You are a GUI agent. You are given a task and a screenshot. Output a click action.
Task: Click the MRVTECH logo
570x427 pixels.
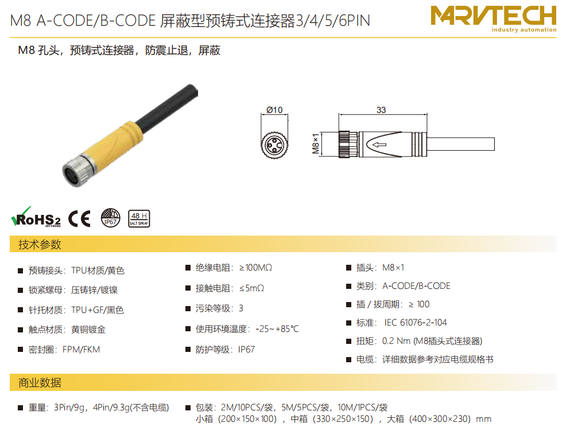click(x=493, y=18)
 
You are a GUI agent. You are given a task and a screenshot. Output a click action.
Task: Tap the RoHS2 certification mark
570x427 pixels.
click(x=36, y=217)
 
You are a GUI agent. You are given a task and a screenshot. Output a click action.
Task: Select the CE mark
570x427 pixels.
click(x=79, y=218)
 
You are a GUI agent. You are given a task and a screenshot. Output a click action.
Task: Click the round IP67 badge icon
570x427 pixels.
click(x=110, y=218)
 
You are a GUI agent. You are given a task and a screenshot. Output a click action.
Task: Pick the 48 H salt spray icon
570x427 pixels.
click(x=139, y=218)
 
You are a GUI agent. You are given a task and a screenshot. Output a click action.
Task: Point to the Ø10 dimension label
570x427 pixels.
click(x=274, y=109)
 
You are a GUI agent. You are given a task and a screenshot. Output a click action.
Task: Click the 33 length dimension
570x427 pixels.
click(x=381, y=109)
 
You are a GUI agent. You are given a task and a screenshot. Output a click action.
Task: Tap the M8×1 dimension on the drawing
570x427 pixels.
click(x=316, y=144)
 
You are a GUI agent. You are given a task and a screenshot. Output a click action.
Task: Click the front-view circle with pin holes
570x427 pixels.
click(x=274, y=145)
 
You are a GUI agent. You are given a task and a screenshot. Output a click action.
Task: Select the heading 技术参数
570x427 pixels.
click(x=40, y=244)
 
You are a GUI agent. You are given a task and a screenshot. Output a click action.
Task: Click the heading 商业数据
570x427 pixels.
click(x=40, y=382)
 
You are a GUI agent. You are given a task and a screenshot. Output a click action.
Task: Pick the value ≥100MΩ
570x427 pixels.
click(x=255, y=268)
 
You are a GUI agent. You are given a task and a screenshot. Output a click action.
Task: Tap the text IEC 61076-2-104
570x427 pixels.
click(x=416, y=323)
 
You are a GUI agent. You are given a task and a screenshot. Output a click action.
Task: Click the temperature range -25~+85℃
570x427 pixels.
click(x=277, y=329)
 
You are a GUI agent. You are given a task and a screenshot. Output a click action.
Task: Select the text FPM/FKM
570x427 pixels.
click(x=81, y=350)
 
